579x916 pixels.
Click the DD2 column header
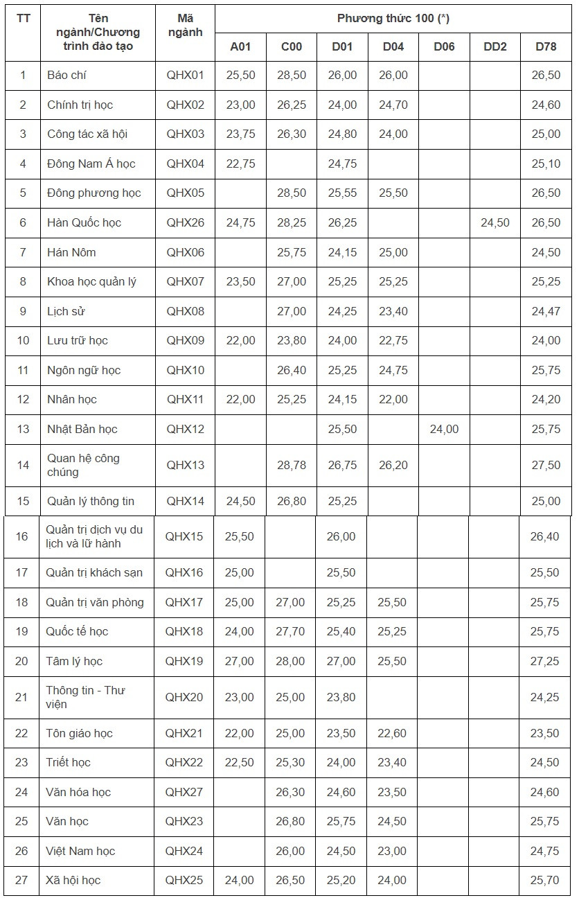tap(495, 46)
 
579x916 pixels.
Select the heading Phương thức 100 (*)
tap(393, 19)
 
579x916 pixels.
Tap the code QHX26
tap(185, 222)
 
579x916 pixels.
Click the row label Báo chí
tap(66, 75)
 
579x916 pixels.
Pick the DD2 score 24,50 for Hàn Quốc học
tap(495, 222)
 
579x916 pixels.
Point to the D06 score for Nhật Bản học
tap(444, 429)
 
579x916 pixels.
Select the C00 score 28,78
tap(291, 465)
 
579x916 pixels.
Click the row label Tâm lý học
tap(74, 661)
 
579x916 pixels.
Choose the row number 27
tap(21, 880)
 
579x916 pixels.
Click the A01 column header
tap(240, 46)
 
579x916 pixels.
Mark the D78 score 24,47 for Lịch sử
tap(546, 311)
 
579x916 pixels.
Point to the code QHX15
tap(184, 536)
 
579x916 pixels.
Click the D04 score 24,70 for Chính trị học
tap(393, 105)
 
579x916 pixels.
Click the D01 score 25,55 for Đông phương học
tap(342, 193)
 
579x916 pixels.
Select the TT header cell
tap(23, 19)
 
